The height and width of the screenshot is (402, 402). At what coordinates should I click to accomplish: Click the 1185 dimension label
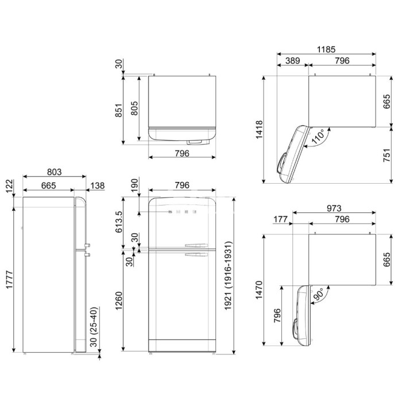tap(326, 49)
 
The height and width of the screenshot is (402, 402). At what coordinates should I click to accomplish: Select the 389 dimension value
tap(292, 60)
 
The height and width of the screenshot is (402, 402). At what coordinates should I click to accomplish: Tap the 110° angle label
tap(318, 136)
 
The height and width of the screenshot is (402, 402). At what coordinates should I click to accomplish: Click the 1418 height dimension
tap(260, 129)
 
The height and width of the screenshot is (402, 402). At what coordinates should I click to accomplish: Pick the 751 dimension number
tap(386, 155)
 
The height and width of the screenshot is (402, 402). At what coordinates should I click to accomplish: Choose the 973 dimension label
tap(334, 208)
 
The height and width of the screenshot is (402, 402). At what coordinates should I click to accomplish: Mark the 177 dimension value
tap(280, 219)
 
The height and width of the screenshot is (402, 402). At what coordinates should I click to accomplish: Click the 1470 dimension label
tap(259, 289)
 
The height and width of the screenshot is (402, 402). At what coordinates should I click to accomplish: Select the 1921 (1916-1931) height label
tap(228, 276)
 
